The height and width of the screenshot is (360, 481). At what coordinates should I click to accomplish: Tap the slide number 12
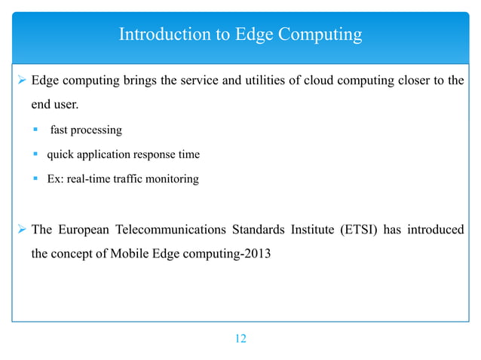coord(240,339)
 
